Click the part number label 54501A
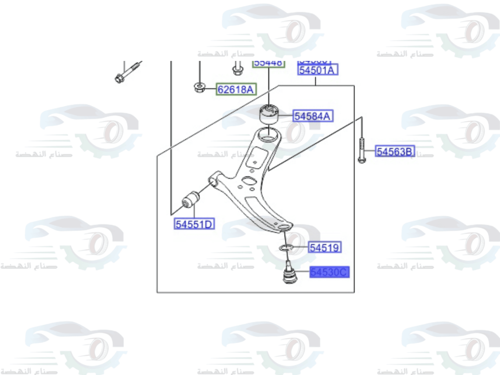tap(318, 70)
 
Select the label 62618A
tap(236, 90)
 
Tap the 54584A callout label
tap(313, 116)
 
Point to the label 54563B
tap(395, 151)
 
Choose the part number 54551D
tap(194, 224)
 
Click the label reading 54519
tap(324, 247)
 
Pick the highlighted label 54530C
tap(328, 272)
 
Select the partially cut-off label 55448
tap(268, 63)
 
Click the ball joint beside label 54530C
tap(288, 274)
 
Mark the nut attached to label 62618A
tap(198, 88)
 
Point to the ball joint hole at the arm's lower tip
tap(283, 227)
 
